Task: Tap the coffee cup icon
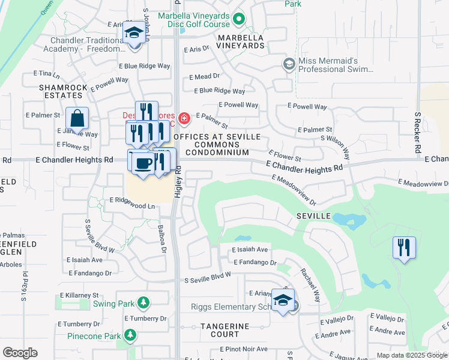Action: click(x=142, y=163)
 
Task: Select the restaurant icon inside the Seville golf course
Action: click(x=404, y=248)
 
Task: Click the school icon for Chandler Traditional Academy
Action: click(x=133, y=32)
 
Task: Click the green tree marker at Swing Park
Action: click(x=143, y=303)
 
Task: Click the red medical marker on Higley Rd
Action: click(x=184, y=118)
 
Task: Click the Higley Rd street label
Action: click(x=178, y=182)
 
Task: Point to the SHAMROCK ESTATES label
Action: click(x=60, y=91)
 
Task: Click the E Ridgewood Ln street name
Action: click(x=132, y=206)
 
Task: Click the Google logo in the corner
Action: click(x=20, y=353)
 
